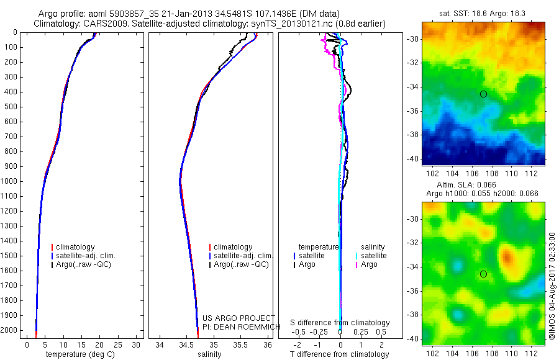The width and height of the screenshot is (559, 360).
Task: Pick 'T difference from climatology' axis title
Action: (340, 354)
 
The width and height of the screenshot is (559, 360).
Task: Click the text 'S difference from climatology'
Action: (340, 323)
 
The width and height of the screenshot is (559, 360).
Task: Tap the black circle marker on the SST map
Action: (483, 94)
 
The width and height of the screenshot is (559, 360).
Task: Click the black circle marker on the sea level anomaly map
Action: (483, 274)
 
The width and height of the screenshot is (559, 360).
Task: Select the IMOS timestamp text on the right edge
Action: (552, 286)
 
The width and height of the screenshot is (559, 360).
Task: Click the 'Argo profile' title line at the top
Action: (198, 14)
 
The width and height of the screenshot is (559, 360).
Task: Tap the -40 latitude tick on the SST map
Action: (413, 158)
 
